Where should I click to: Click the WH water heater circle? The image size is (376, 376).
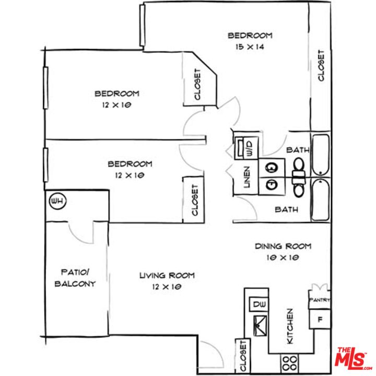[x=58, y=201]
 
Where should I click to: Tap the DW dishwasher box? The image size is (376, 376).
[x=258, y=304]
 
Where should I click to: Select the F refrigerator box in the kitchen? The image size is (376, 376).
[x=320, y=319]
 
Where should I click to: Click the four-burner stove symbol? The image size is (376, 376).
[x=290, y=363]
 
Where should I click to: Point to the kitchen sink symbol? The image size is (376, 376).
[x=260, y=326]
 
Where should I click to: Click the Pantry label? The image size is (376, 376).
[x=320, y=300]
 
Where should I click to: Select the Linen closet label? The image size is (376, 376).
[x=246, y=177]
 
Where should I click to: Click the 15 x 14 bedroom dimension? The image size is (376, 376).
[x=250, y=46]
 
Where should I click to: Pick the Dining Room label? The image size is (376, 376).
[x=283, y=246]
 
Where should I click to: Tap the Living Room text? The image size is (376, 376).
[x=167, y=275]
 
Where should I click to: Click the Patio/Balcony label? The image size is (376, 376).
[x=75, y=278]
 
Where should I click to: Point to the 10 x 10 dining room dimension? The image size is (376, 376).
[x=283, y=257]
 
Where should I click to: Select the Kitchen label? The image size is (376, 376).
[x=290, y=326]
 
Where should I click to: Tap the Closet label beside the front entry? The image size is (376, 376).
[x=243, y=356]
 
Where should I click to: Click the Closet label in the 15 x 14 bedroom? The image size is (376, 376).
[x=321, y=65]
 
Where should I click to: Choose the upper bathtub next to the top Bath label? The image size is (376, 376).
[x=320, y=155]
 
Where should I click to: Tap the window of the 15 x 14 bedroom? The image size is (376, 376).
[x=142, y=25]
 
